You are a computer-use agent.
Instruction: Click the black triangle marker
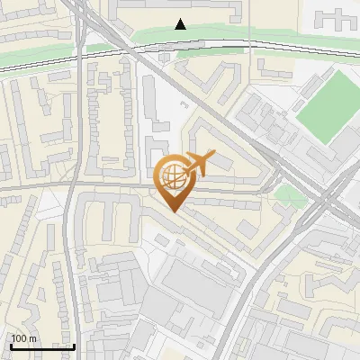181,24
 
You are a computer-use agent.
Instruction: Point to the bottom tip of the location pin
173,212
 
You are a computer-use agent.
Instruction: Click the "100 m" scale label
24,338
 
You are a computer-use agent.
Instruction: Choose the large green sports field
328,104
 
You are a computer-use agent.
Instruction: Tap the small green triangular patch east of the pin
287,194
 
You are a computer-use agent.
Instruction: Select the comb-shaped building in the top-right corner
339,18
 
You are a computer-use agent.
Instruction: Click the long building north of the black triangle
180,9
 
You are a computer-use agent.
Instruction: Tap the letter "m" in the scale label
32,338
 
